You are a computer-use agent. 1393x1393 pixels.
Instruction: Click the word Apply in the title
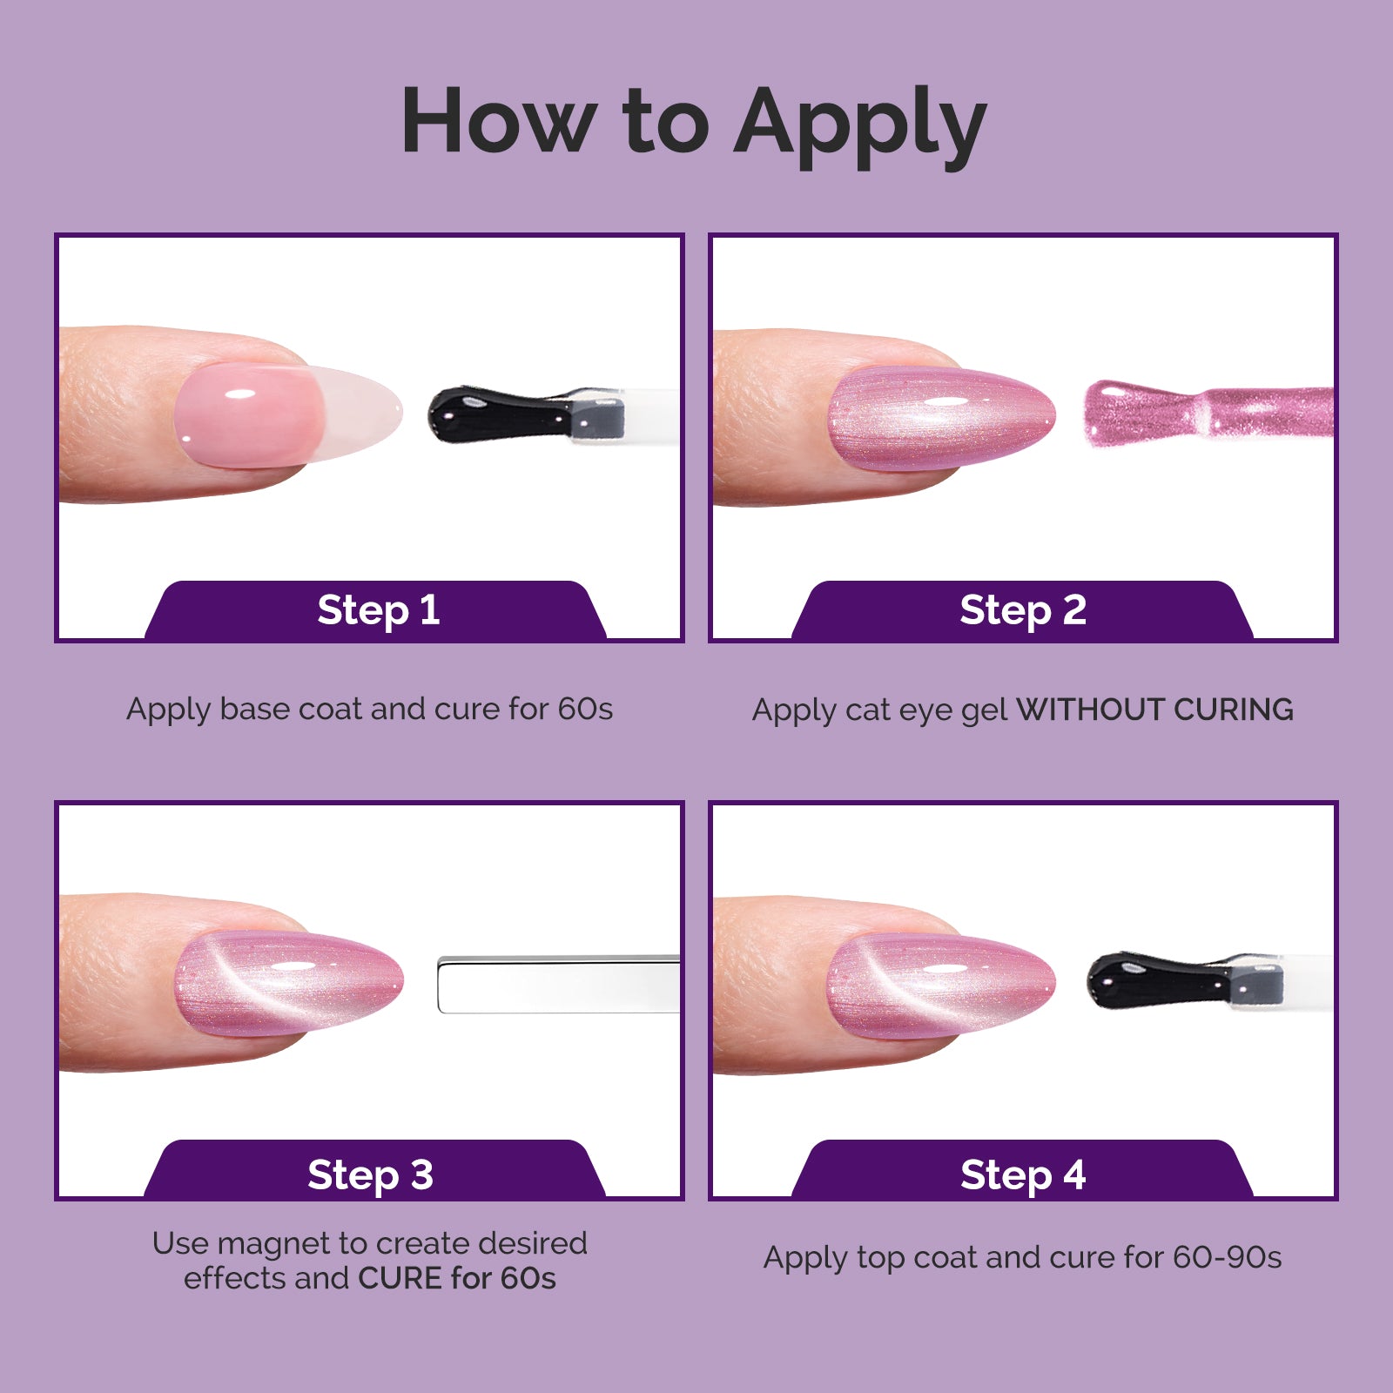(x=860, y=126)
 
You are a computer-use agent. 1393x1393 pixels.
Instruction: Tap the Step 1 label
(x=379, y=609)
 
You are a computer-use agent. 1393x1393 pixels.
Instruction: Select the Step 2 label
(x=1023, y=609)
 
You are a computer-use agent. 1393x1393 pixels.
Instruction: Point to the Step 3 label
(x=370, y=1174)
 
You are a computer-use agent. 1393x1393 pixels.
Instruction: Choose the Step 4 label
(x=1023, y=1174)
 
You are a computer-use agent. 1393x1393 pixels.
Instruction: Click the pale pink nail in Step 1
(x=287, y=415)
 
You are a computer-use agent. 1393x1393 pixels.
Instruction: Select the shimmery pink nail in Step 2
(x=941, y=420)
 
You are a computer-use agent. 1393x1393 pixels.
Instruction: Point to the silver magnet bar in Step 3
(x=558, y=985)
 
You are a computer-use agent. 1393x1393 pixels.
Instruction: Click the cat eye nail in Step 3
(x=289, y=983)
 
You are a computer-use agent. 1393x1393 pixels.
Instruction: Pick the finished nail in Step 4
(x=941, y=986)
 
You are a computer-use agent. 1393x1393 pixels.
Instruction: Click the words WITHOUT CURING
(x=1154, y=710)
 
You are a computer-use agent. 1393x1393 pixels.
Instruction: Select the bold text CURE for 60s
(x=457, y=1278)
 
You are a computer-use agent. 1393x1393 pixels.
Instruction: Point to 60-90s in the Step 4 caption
(x=1227, y=1257)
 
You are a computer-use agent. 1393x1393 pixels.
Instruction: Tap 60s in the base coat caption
(x=585, y=709)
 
